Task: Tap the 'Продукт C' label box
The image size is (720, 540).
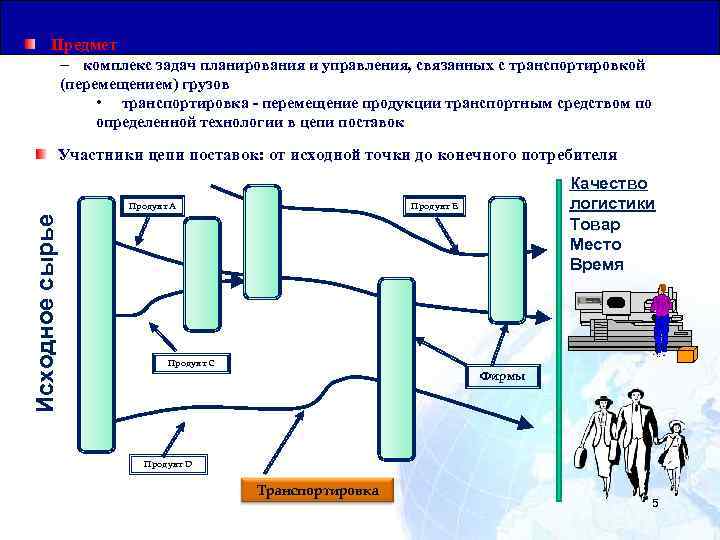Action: coord(191,362)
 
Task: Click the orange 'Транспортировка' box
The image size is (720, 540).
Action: coord(317,491)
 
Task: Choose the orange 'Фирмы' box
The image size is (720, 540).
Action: coord(503,377)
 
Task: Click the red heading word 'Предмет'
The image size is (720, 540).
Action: coord(84,45)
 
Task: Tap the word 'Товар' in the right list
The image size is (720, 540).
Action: coord(595,225)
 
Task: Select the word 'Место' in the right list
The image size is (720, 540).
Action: coord(595,245)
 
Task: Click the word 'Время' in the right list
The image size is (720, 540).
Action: coord(596,265)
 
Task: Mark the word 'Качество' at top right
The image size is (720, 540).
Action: coord(608,184)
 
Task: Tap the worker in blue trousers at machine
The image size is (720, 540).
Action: coord(660,317)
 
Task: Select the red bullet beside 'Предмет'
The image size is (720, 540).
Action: coord(32,45)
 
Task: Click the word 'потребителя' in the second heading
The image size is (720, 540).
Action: coord(567,155)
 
